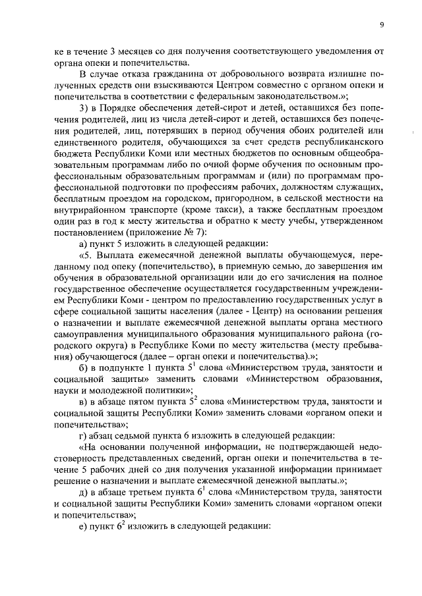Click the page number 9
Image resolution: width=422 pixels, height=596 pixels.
coord(382,25)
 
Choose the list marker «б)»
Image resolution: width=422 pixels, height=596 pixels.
coord(83,381)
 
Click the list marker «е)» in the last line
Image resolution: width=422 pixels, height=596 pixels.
coord(83,547)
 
